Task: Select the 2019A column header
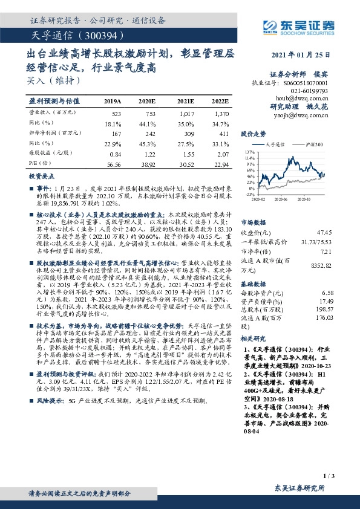[x=113, y=102]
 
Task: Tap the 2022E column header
[x=220, y=102]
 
